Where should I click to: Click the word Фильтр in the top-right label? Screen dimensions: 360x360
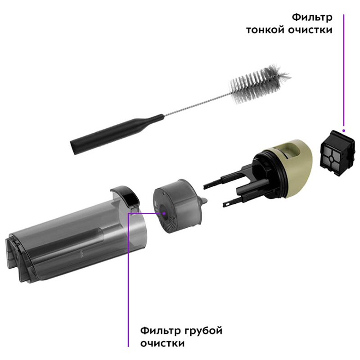pos(312,18)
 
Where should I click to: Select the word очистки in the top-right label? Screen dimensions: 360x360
pos(310,30)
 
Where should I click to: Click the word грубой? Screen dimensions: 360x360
pos(203,331)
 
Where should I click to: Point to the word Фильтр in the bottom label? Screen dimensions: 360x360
pos(161,331)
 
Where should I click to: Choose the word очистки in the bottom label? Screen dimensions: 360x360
pos(162,344)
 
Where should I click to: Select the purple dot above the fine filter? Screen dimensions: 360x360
pos(344,130)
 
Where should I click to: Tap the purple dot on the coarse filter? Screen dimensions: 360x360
pos(164,213)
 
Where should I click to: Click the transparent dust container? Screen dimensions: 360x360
pos(76,237)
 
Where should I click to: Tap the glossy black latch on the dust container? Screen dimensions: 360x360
pos(126,195)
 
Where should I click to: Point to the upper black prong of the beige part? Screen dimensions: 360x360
pos(227,179)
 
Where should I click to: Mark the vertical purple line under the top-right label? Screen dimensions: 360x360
pos(344,70)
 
